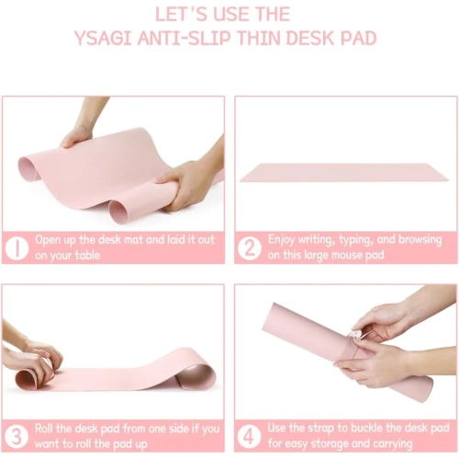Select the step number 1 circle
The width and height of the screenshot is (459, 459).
(17, 247)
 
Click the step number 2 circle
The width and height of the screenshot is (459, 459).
(250, 247)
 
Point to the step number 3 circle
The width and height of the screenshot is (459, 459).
(17, 434)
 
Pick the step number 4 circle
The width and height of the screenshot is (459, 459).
(250, 434)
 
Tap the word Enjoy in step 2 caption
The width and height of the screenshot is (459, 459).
(285, 239)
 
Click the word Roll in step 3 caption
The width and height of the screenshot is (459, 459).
(49, 427)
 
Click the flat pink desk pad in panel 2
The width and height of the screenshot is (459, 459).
(344, 173)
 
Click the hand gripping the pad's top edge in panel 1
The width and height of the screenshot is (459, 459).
(78, 135)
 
